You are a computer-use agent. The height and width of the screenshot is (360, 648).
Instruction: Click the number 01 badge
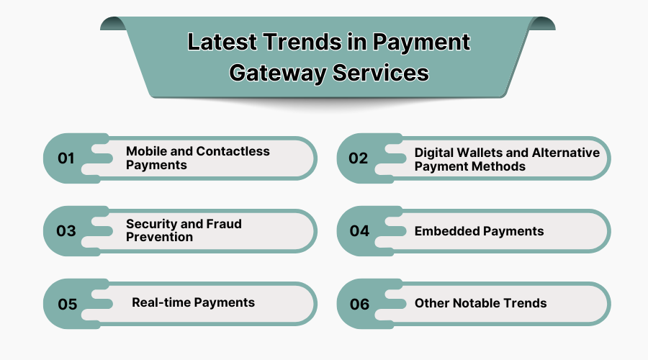tap(66, 158)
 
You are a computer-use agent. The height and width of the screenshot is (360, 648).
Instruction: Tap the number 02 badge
tap(359, 158)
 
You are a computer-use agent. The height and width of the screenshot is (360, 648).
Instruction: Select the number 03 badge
tap(66, 231)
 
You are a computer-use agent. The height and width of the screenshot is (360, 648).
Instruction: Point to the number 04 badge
tap(359, 231)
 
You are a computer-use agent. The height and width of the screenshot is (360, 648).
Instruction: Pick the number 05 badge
tap(67, 304)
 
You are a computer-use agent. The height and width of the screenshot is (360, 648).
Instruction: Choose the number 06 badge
tap(359, 304)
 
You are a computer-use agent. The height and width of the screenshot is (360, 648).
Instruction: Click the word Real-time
tap(162, 302)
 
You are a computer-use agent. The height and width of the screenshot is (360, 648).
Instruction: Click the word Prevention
tap(159, 237)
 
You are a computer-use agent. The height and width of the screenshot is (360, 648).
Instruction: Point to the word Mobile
tap(145, 151)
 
